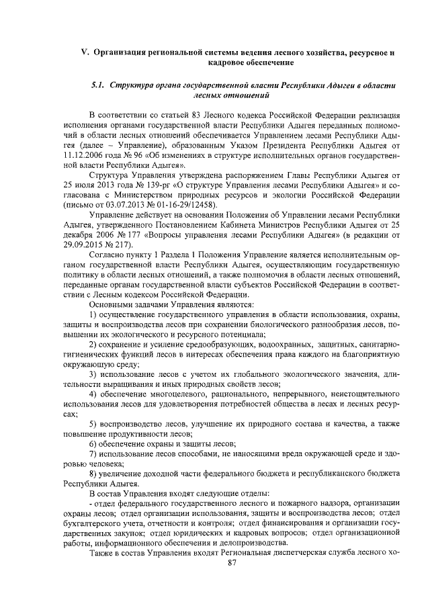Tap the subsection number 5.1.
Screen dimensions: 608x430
(99, 86)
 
